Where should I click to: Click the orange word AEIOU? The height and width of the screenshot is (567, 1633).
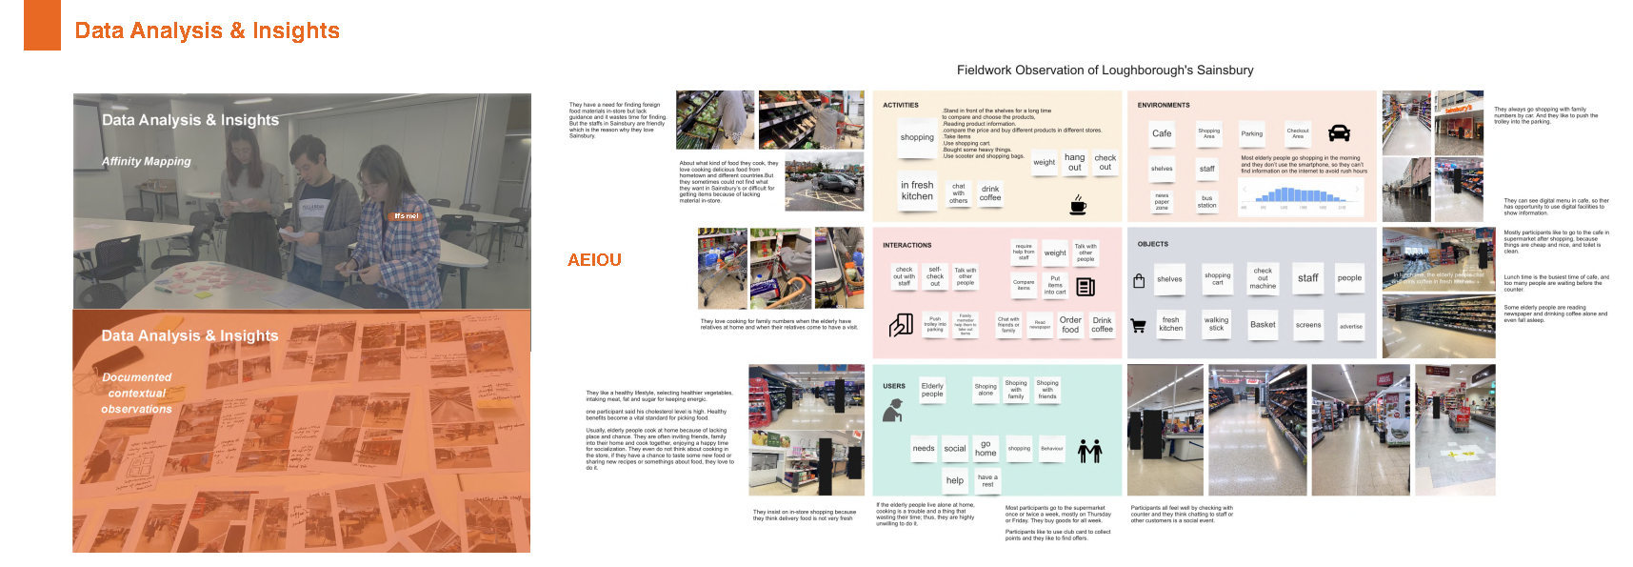coord(594,259)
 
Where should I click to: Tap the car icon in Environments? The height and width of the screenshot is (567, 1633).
coord(1339,133)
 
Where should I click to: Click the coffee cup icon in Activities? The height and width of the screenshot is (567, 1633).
coord(1078,205)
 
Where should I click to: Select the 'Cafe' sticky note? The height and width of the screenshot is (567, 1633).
coord(1162,133)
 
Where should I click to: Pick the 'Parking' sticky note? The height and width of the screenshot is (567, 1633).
coord(1252,133)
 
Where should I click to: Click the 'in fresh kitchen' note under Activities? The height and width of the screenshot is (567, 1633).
coord(917,191)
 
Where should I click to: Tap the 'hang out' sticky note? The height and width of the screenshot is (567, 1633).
coord(1074,162)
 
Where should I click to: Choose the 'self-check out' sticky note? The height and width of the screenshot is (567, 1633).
coord(935,276)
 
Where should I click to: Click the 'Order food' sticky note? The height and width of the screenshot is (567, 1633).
coord(1070,325)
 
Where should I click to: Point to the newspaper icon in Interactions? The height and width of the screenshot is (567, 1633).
coord(1085,287)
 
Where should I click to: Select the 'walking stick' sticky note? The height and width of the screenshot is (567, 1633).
coord(1216,324)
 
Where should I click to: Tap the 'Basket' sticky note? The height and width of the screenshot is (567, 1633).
coord(1263,325)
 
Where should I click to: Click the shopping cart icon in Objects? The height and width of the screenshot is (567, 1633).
coord(1138,326)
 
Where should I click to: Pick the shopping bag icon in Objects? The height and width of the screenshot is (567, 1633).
coord(1139,281)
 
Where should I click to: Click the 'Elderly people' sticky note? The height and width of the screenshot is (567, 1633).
coord(932,390)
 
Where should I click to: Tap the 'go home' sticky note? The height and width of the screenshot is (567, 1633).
coord(986,448)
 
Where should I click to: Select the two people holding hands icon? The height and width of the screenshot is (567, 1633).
coord(1089,451)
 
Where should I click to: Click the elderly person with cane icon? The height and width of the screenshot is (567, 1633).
coord(893,411)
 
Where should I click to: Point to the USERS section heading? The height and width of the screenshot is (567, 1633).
coord(894,386)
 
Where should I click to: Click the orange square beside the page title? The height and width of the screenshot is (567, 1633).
coord(42,26)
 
